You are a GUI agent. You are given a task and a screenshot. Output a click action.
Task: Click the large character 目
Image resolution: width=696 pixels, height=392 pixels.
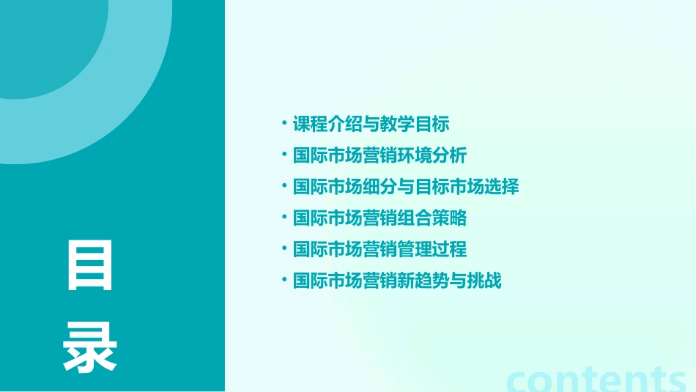[x=90, y=265]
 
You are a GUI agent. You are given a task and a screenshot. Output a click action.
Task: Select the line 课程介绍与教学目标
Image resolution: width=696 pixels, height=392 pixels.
[x=371, y=124]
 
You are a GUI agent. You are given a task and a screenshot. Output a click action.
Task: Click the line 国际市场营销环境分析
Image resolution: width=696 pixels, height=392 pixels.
[x=380, y=155]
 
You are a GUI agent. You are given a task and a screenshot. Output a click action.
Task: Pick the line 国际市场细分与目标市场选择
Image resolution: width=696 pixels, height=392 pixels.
[x=406, y=187]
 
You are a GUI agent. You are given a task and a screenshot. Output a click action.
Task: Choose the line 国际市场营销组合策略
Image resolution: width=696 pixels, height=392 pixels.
[x=380, y=218]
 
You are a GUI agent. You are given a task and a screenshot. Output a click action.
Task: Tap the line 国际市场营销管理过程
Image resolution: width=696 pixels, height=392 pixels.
[x=380, y=250]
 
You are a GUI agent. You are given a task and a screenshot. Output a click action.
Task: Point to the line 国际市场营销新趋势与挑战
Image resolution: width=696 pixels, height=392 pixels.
[x=397, y=281]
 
